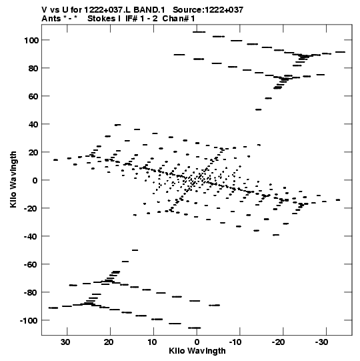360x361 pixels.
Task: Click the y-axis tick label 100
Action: click(31, 40)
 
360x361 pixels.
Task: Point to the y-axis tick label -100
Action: click(29, 321)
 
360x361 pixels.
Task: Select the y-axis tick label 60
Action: click(33, 96)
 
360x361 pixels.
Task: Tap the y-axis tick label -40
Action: click(31, 236)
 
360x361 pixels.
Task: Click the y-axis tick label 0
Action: click(35, 180)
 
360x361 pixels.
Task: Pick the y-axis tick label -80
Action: click(31, 293)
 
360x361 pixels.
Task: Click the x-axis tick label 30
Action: click(66, 342)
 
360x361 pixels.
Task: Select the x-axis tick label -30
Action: click(321, 342)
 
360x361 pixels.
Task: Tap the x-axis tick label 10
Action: click(152, 342)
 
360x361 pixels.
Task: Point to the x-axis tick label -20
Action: click(279, 342)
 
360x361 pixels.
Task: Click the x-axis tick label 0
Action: click(197, 342)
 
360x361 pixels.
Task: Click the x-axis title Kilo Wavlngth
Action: click(197, 351)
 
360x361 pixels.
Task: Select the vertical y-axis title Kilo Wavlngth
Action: click(13, 179)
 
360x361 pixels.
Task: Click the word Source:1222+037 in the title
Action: click(208, 10)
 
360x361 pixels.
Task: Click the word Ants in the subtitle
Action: click(51, 19)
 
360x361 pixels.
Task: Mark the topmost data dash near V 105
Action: click(199, 32)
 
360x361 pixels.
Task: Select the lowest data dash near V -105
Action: click(195, 328)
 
